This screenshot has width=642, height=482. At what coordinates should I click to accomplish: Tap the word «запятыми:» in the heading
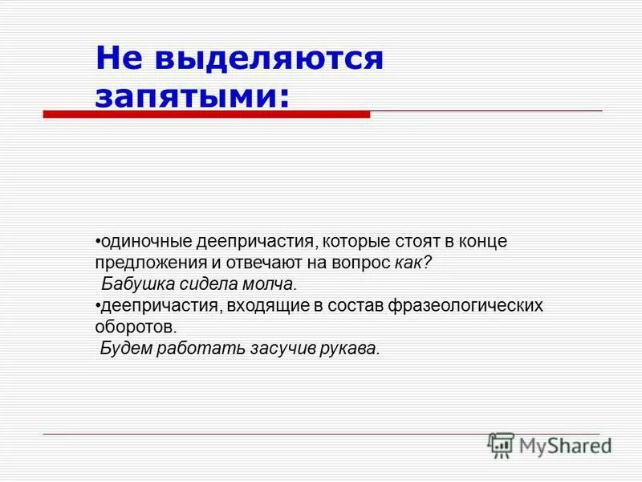193,96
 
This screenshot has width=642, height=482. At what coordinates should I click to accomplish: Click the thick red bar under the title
206,114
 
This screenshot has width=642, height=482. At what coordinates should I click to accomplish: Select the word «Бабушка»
133,284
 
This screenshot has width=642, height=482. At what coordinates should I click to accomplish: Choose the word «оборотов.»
135,328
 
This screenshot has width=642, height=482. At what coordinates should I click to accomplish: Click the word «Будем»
124,349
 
